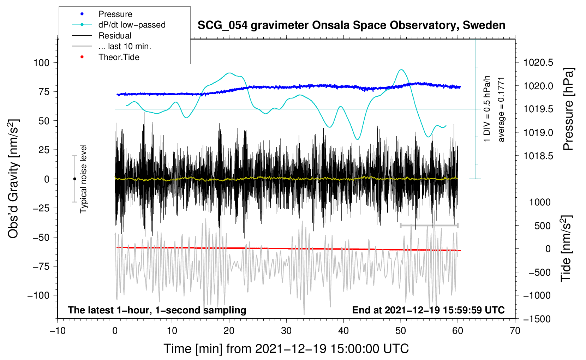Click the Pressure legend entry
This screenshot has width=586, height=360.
115,14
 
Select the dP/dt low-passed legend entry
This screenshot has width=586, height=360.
132,25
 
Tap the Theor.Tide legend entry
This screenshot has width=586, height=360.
119,57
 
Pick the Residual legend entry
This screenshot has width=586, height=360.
115,36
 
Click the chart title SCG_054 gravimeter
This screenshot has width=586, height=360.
351,25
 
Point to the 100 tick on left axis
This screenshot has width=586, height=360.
41,63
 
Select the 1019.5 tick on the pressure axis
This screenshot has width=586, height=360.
538,109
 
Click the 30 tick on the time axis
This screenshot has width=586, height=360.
286,331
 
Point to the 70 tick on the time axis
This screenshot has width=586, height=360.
515,331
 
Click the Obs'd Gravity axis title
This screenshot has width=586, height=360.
13,179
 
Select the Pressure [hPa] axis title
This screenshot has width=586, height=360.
568,109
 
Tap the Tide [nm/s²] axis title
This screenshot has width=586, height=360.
566,249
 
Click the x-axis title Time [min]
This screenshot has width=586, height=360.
286,349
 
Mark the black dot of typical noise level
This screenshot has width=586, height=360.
74,179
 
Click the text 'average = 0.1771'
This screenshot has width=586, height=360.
501,109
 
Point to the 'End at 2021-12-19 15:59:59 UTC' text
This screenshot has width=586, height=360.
428,310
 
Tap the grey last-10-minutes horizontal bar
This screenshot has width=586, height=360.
429,225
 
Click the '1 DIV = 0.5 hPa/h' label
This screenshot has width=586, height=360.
487,109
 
